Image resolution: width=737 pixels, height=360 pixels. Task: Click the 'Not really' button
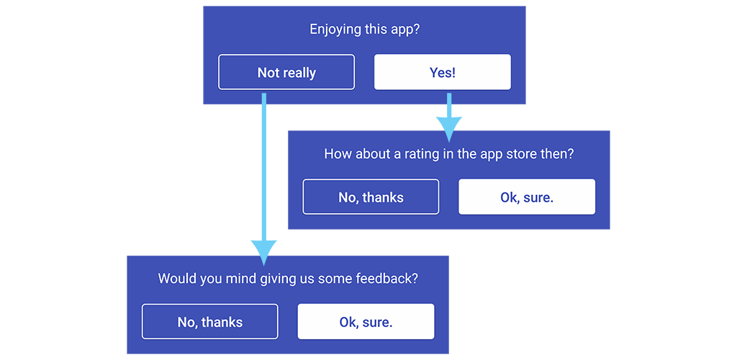point(286,72)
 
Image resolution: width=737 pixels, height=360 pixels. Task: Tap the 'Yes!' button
point(443,72)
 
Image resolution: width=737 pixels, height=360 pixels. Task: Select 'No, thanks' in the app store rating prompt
point(371,197)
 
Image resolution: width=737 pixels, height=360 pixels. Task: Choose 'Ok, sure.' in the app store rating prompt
point(527,197)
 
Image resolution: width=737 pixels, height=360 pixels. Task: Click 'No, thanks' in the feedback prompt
point(210,321)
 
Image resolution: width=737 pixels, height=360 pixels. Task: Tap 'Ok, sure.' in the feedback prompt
point(366,321)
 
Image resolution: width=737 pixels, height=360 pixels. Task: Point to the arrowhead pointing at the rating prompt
point(449,129)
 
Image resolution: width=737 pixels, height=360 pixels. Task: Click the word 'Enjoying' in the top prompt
point(335,30)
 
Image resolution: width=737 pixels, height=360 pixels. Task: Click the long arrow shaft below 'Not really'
point(263,167)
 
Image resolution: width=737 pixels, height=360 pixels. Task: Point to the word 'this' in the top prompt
point(374,30)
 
